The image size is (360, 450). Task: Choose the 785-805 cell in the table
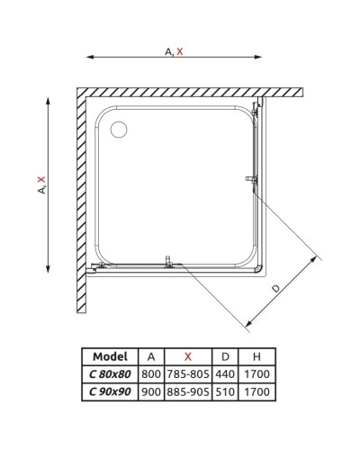point(186,374)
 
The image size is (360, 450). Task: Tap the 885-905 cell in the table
point(186,391)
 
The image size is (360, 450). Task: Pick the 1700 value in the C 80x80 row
point(258,374)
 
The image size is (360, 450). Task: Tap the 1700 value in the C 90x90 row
point(258,391)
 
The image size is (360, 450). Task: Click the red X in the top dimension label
point(180,52)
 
